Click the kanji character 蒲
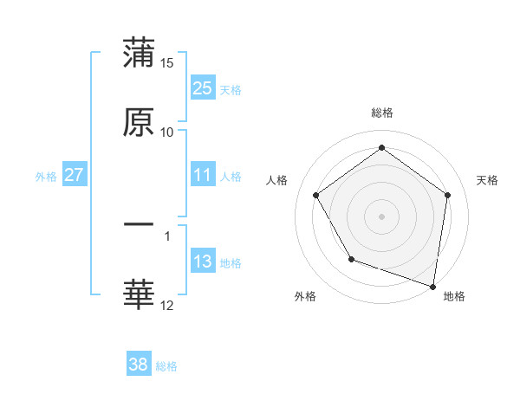139,53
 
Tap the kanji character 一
139,224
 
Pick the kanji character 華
139,294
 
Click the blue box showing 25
203,87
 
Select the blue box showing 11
203,175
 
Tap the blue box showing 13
203,262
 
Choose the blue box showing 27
75,175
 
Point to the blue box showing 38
139,365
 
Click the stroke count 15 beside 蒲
167,63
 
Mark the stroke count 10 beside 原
167,132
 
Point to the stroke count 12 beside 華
167,305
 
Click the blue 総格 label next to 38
166,366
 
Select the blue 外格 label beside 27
46,176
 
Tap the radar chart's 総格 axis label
382,113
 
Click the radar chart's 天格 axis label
487,180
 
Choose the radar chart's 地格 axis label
454,296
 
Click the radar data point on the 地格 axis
433,285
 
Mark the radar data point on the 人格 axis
315,195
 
